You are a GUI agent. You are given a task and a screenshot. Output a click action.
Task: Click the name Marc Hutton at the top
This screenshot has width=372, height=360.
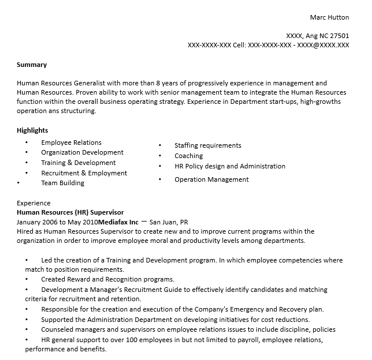coord(329,17)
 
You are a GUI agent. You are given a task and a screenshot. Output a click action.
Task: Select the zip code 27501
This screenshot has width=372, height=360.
coord(338,35)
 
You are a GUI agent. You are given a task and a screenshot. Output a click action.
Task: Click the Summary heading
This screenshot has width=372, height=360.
coord(32,65)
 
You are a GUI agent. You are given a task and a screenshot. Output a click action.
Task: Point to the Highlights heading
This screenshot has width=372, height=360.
coord(32,130)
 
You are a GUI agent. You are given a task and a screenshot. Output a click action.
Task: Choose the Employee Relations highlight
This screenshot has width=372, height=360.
coord(71,142)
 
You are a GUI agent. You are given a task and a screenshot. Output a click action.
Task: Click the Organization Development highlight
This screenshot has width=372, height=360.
coord(82,153)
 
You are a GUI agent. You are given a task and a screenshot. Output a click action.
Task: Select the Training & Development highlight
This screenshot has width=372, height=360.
coord(79,163)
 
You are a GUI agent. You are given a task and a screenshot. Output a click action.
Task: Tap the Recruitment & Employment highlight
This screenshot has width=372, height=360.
coord(84,173)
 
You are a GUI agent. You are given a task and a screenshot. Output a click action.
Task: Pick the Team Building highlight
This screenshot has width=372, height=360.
coord(62,183)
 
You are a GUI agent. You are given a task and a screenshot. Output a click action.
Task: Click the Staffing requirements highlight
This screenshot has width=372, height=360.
coord(208,145)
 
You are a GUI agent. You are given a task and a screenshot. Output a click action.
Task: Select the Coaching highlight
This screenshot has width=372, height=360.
coord(189,156)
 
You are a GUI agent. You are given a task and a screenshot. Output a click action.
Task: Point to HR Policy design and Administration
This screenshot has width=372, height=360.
coord(230,166)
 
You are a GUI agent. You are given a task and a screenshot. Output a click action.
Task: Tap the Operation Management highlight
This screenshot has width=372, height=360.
coord(211,179)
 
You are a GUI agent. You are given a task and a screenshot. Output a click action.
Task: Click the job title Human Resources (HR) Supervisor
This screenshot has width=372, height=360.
coord(70,212)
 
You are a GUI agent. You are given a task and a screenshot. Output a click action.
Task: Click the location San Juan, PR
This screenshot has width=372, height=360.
coord(169,222)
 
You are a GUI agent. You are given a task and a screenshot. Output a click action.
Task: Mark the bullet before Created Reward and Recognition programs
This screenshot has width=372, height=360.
coord(27,280)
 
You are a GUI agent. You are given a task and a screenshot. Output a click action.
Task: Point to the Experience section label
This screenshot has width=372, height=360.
coord(34,203)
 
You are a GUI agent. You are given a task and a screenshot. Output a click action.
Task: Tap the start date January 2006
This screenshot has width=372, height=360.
coord(38,222)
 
